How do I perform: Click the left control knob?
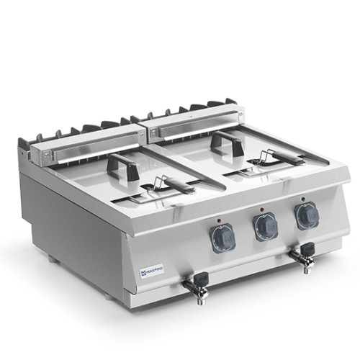(x=223, y=238)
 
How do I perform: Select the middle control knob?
(x=264, y=227)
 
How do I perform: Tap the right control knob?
(x=306, y=215)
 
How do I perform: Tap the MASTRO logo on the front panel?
(x=150, y=271)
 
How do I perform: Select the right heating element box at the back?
(x=194, y=120)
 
